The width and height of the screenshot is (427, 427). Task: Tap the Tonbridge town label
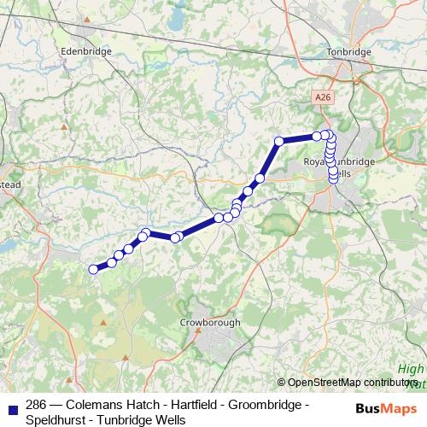348,52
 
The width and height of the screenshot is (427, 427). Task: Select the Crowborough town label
210,323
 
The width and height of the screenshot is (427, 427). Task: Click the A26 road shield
321,98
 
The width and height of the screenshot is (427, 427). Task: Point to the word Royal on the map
317,161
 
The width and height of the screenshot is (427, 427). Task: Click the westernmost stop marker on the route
94,270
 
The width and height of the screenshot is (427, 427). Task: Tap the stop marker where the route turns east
278,141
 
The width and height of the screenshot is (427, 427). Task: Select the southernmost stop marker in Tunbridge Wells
334,177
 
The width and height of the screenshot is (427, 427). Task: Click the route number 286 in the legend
36,405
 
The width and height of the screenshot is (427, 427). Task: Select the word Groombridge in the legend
255,405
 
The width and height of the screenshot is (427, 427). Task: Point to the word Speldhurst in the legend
53,420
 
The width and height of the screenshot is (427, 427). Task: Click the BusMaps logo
388,409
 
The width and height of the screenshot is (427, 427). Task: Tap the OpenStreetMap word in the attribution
325,383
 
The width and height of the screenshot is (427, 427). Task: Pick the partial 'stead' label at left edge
9,183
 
